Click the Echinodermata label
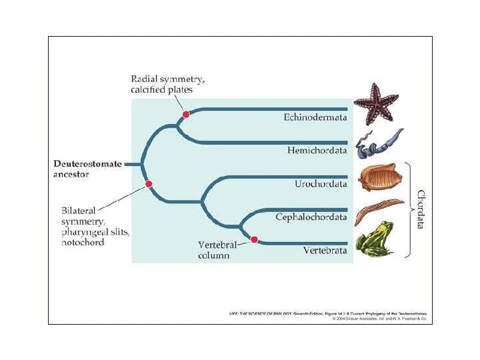tap(315, 117)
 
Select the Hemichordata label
tap(317, 151)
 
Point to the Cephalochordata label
tap(311, 217)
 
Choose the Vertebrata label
tap(325, 251)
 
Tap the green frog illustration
tap(375, 239)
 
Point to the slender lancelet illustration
tap(378, 209)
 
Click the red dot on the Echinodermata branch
tap(186, 115)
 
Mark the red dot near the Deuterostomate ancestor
tap(149, 184)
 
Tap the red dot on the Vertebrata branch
tap(253, 239)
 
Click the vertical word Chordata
tap(421, 209)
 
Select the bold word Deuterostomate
tap(87, 164)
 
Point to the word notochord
tap(83, 242)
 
